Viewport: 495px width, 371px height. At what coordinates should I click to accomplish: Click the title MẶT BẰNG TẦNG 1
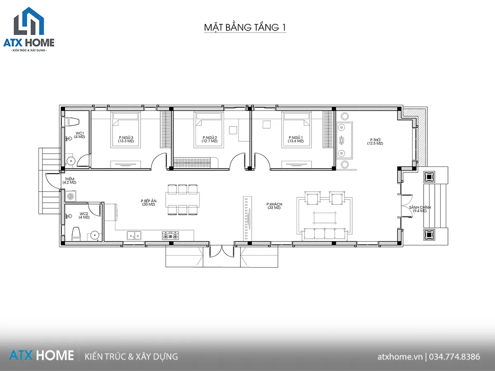click(245, 27)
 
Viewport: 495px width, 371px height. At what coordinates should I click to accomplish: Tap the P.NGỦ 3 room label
click(126, 138)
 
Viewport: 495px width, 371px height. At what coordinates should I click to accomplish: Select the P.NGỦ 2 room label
click(210, 138)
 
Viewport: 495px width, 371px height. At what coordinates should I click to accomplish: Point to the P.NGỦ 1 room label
click(296, 138)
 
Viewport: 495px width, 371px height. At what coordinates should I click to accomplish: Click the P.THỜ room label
click(375, 140)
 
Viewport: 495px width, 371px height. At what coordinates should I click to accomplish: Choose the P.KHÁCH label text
click(274, 204)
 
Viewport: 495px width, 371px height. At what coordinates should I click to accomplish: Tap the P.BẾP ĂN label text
click(148, 201)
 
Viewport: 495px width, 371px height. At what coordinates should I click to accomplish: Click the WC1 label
click(80, 133)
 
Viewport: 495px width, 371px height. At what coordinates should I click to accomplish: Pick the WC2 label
click(84, 214)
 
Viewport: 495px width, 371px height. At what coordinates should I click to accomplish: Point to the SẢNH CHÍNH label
click(420, 207)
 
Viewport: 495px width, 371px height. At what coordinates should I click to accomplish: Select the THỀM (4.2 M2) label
click(69, 181)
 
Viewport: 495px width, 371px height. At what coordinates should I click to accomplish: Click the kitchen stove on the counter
click(170, 236)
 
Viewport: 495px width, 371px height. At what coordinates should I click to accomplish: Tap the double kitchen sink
click(134, 236)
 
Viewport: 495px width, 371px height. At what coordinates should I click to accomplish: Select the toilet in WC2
click(76, 234)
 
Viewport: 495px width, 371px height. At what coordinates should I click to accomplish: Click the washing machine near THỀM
click(71, 196)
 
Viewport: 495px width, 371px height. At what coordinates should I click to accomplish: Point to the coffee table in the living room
click(325, 218)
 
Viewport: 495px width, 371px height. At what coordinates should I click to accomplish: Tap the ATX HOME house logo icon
click(29, 21)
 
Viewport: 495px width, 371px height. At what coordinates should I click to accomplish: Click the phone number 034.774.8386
click(455, 357)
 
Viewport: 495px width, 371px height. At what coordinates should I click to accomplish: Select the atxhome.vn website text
click(400, 357)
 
